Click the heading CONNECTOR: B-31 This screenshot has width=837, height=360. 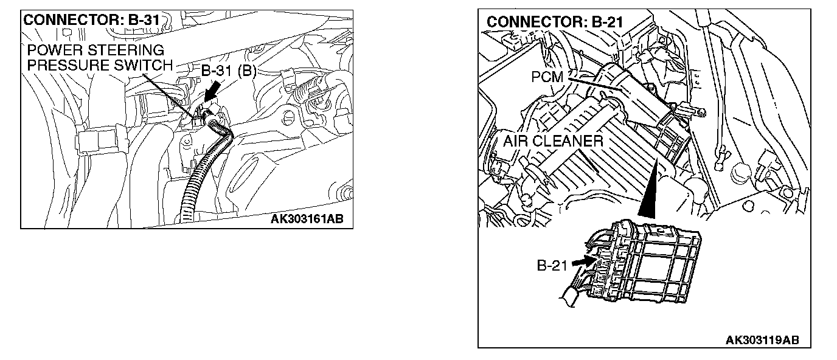coord(91,20)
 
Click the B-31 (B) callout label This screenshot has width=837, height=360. coord(228,71)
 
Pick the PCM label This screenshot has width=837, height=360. coord(547,77)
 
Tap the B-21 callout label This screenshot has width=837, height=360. coord(552,265)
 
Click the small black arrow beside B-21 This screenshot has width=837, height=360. coord(582,261)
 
